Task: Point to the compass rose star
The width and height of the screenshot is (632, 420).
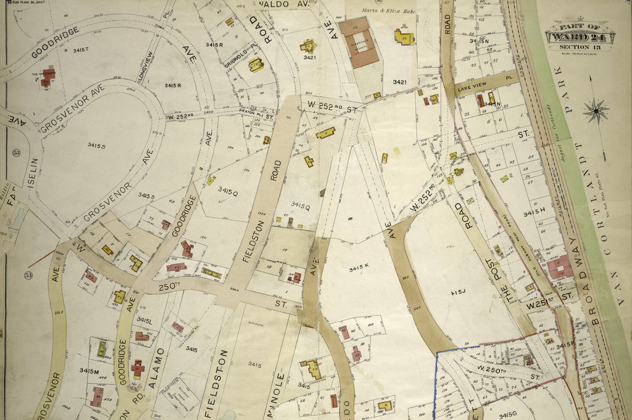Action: (x=596, y=111)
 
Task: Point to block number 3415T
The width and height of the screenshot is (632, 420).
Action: (x=80, y=49)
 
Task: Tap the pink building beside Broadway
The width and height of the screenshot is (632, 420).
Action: (x=559, y=267)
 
